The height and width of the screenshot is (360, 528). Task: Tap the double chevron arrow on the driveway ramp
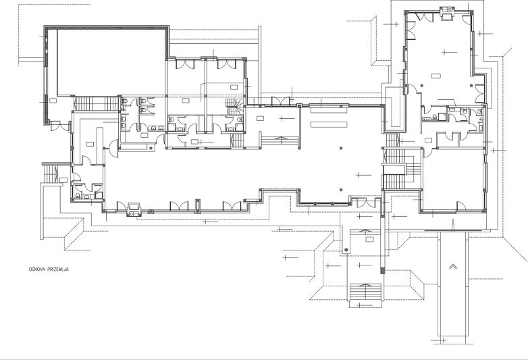coord(453,267)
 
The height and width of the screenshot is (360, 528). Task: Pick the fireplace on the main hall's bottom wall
coord(134,209)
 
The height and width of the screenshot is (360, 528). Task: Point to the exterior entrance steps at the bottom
coord(366,292)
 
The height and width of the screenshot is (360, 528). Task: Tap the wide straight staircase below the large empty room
coord(97,103)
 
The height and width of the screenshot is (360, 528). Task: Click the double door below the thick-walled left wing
coord(59,126)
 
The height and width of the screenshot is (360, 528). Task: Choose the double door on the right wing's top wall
coord(424,16)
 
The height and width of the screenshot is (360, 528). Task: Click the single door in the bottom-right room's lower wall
coord(461,207)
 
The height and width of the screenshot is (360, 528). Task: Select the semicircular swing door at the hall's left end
coord(114,148)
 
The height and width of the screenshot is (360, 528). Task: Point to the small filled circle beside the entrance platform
coord(346,250)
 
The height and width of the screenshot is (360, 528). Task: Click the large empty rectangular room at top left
coord(112,63)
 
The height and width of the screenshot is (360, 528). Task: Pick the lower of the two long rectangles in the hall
coord(329,124)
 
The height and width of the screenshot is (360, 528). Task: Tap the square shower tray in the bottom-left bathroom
coord(99,195)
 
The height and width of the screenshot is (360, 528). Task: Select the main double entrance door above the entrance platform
coord(366,203)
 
